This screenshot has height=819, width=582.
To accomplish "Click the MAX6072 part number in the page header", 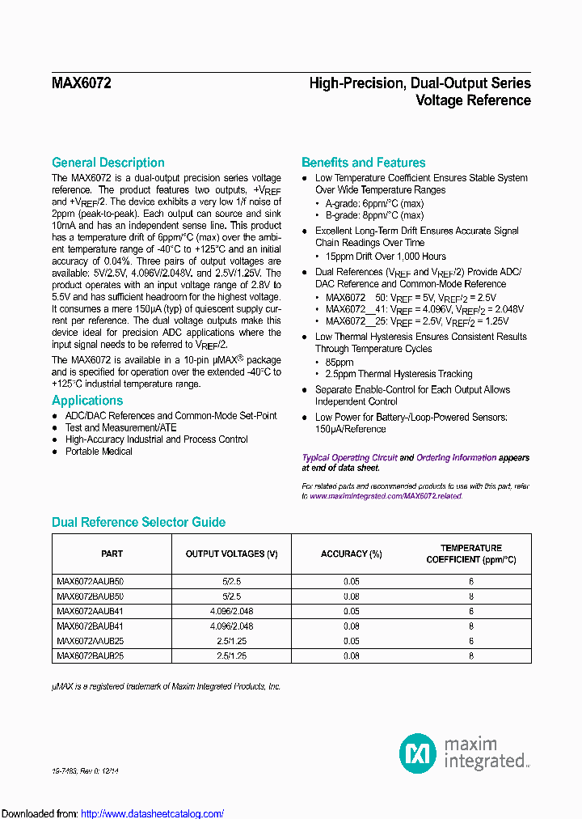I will (82, 83).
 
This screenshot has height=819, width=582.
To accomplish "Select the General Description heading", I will (108, 163).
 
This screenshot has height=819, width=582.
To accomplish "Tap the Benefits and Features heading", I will (363, 163).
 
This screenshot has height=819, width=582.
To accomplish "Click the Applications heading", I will (87, 401).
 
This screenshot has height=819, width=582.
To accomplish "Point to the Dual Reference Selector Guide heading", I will (138, 523).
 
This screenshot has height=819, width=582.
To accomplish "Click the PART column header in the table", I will (112, 554).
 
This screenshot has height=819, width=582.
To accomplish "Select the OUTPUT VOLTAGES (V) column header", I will (231, 554).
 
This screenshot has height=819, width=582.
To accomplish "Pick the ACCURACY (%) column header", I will (351, 554).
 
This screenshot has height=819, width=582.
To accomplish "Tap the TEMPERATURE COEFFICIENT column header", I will (470, 554).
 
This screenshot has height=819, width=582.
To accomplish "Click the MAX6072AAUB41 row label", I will (90, 611).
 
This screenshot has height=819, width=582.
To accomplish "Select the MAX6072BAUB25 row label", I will (90, 656).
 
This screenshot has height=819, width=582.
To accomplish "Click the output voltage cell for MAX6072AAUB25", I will (231, 641).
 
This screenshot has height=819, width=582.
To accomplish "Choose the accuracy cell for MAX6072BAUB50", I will (351, 596).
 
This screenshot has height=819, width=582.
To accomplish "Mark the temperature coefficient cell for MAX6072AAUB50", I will (470, 581).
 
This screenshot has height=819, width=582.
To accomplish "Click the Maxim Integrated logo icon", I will (418, 753).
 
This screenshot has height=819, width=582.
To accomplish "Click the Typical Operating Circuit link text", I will (349, 458).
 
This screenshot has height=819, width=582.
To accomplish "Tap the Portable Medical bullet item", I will (99, 452).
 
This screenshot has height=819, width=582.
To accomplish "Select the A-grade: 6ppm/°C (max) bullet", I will (374, 203).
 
